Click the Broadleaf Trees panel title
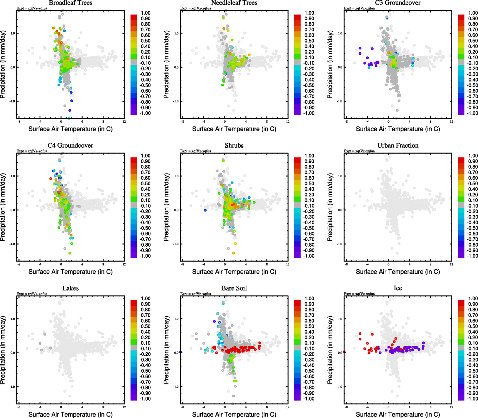70,3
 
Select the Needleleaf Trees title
234,3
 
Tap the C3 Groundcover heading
398,3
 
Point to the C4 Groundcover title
70,146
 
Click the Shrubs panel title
234,146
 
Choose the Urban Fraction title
398,146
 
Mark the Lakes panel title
70,288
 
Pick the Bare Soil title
234,288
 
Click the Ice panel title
398,288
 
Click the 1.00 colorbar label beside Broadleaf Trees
146,13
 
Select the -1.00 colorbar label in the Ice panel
472,398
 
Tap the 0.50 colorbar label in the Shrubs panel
309,184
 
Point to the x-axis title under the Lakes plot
70,415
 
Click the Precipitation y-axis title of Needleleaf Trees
166,64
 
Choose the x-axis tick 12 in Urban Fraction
452,264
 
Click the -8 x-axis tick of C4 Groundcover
19,264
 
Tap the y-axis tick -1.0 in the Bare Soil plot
176,387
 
